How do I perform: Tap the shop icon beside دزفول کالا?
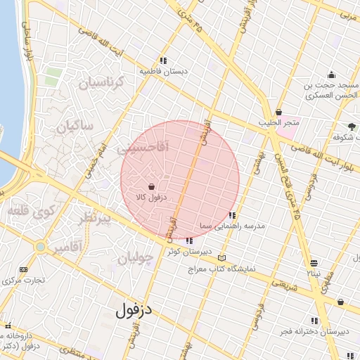[152, 186]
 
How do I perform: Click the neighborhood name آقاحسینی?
[142, 148]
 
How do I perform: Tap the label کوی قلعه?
[27, 209]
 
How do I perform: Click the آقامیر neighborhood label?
[68, 246]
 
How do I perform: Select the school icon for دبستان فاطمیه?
[163, 60]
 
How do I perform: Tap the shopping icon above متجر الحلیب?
[279, 112]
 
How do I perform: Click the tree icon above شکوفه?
[352, 126]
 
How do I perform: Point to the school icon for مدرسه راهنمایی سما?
[232, 215]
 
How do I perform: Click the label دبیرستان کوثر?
[184, 251]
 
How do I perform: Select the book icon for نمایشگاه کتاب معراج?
[222, 257]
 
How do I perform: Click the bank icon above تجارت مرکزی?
[24, 269]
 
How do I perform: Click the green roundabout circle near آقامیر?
[41, 247]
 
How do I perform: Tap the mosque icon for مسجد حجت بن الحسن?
[331, 75]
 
